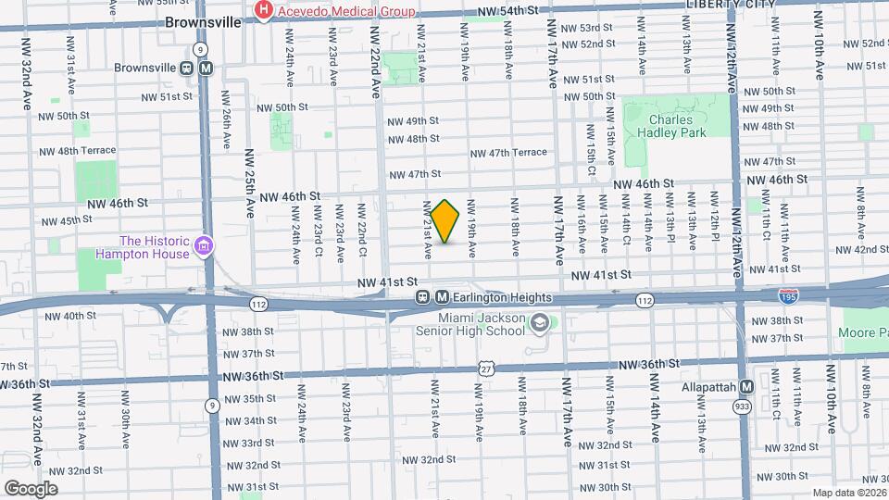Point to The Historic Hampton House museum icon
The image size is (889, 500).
point(204,248)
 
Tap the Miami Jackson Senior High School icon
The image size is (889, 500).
point(541,324)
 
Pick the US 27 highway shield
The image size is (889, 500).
point(485,368)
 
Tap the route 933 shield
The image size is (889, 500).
point(742,406)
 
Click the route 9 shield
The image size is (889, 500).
point(212,405)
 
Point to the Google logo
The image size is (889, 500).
point(31,488)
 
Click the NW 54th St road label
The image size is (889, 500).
point(507,11)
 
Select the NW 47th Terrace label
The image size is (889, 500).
point(508,153)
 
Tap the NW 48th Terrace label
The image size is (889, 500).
point(78,150)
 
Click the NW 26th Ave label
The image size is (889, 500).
point(227,127)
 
